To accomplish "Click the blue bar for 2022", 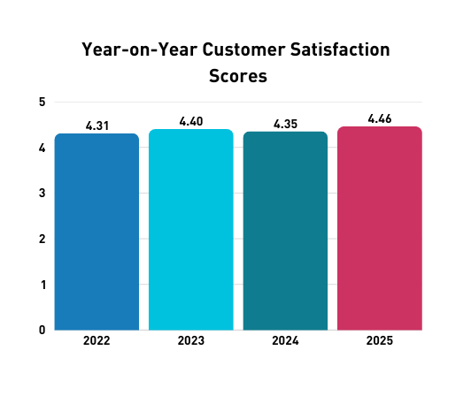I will tap(97, 232).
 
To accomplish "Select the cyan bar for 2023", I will tap(191, 230).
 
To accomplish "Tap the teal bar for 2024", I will tap(285, 231).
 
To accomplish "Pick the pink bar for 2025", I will tap(380, 228).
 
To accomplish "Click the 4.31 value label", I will tap(97, 126).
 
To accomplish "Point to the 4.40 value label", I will tap(191, 122).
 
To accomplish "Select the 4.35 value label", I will tap(285, 125).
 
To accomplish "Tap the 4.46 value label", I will tap(380, 119).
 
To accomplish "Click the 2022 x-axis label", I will tap(97, 340).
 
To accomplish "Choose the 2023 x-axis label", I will tap(191, 340).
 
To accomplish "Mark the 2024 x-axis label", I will tap(285, 340).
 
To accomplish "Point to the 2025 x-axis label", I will tap(380, 340).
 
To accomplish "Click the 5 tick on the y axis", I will tap(42, 102).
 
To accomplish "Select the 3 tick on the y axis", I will tap(42, 193).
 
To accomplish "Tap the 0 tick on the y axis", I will tap(42, 330).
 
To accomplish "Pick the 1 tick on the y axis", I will tap(42, 285).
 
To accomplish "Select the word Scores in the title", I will tap(237, 76).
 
